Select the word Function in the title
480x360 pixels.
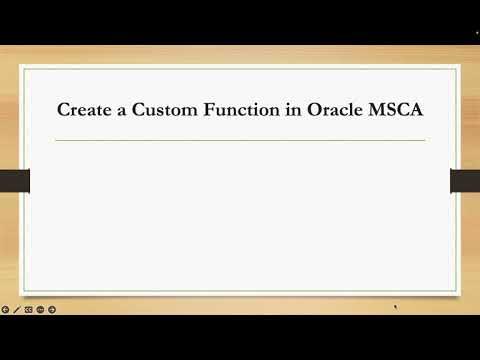[x=246, y=110]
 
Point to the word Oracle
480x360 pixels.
[x=343, y=110]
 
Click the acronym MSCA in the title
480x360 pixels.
[x=401, y=110]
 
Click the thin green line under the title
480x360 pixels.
[x=240, y=141]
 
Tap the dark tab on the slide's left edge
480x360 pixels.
[x=14, y=181]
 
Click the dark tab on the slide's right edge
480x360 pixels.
[x=465, y=181]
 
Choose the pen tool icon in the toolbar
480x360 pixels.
[x=17, y=310]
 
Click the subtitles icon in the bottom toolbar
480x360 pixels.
[x=28, y=310]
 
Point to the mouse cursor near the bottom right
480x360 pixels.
[x=397, y=308]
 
